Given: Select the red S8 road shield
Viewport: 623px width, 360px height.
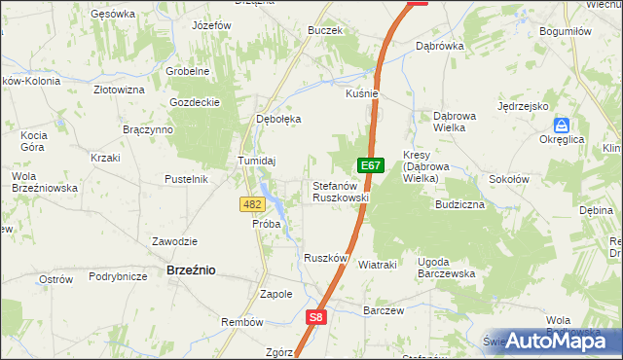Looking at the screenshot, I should [x=315, y=316].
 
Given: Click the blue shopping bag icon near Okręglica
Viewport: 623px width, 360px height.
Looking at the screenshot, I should [x=562, y=126].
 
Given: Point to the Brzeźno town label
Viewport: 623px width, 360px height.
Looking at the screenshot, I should [x=191, y=270].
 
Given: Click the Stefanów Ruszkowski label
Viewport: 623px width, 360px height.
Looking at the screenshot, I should [x=340, y=191].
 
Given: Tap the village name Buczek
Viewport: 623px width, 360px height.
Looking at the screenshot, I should [x=324, y=30].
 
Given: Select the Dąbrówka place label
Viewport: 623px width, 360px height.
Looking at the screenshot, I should [x=440, y=46].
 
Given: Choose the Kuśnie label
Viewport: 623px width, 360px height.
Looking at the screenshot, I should [x=361, y=93].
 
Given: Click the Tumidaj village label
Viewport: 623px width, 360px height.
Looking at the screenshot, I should [x=258, y=161].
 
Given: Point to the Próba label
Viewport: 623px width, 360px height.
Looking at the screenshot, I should [x=266, y=224].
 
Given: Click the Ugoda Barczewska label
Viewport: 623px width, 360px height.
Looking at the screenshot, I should [x=446, y=268].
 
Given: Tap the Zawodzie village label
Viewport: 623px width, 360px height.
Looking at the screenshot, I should [x=175, y=241].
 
